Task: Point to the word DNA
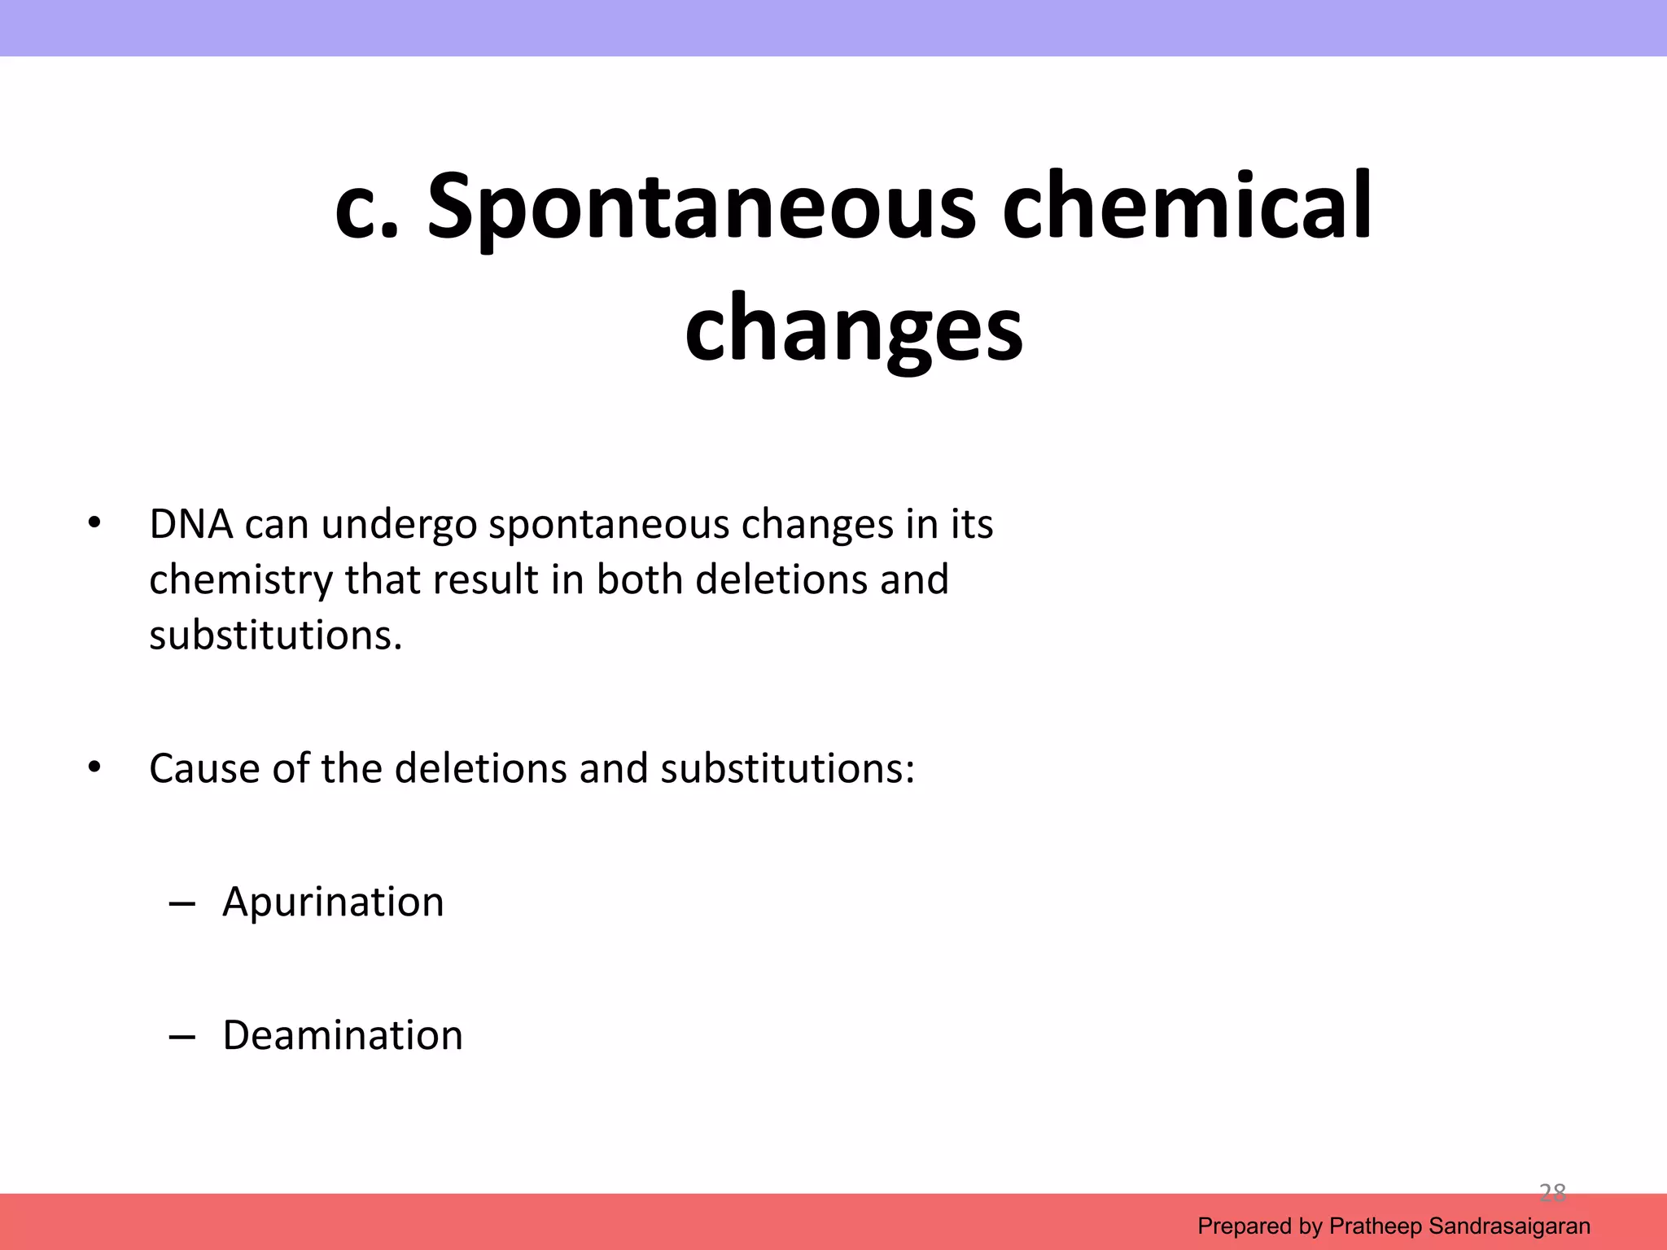tap(191, 525)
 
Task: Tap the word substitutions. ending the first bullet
tap(276, 636)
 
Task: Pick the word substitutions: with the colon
tap(787, 769)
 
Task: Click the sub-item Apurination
tap(333, 903)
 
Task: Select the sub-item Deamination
tap(343, 1036)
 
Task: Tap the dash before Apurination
tap(182, 904)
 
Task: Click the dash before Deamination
tap(182, 1038)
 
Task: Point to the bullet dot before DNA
tap(94, 523)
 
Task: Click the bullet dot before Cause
tap(94, 767)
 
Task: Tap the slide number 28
tap(1552, 1193)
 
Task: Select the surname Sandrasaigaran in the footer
tap(1509, 1226)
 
